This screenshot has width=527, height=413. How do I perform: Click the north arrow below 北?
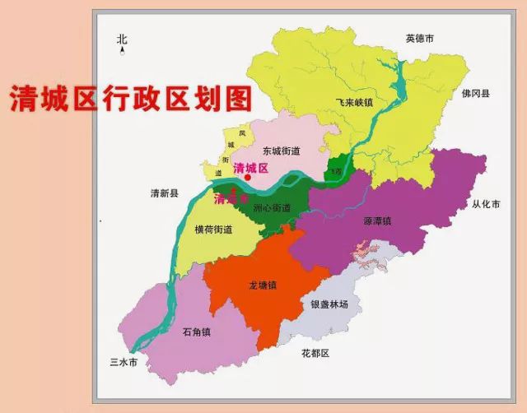click(x=123, y=52)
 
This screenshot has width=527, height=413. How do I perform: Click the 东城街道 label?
click(x=281, y=151)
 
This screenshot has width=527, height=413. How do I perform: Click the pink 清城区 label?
click(x=252, y=167)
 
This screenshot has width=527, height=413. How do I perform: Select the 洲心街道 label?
click(x=272, y=208)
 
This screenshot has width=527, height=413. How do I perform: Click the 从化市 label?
click(x=486, y=203)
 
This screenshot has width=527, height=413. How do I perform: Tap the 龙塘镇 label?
click(x=263, y=285)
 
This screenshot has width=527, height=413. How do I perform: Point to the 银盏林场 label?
click(x=329, y=304)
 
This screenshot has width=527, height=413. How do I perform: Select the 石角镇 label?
click(x=197, y=332)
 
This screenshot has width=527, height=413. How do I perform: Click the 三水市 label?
click(x=123, y=362)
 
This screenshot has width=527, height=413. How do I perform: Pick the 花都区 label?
click(x=314, y=353)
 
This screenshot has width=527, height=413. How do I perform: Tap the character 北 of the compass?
click(x=123, y=39)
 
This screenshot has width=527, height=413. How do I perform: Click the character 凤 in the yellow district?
click(x=241, y=133)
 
